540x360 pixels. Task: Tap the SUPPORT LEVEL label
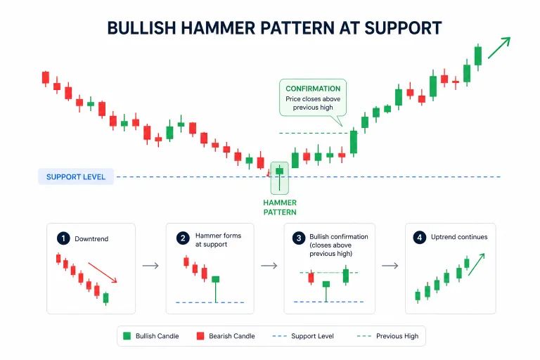76,176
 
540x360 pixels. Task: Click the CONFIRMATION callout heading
313,89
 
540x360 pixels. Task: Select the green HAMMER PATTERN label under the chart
280,207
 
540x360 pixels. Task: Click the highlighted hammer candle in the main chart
280,172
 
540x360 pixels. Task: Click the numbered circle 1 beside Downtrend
64,238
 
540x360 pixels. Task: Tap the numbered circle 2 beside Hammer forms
182,238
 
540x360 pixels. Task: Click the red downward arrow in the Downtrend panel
103,273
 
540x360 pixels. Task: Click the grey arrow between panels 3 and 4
390,266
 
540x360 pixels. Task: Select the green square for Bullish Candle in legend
127,336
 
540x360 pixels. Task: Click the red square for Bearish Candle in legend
200,336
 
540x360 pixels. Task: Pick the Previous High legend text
397,336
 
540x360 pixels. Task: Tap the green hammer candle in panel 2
215,280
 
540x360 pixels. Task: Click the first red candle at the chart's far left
46,77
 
